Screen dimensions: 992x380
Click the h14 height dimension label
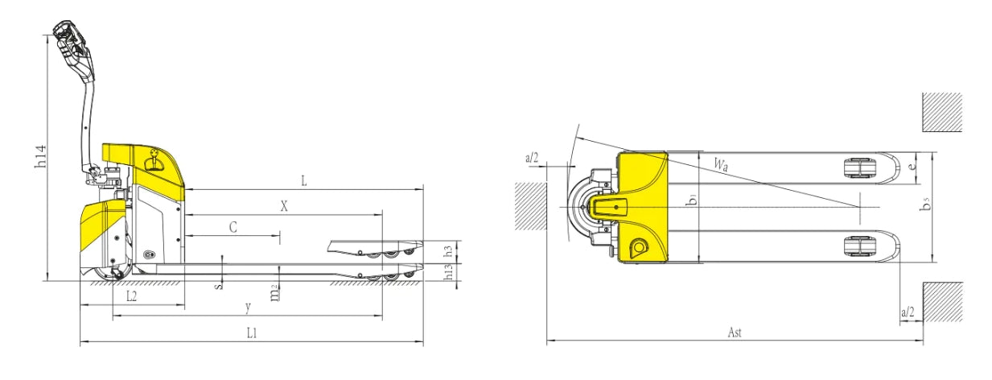click(x=41, y=156)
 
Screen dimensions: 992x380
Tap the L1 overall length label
click(x=252, y=333)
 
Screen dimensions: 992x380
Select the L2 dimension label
click(x=131, y=295)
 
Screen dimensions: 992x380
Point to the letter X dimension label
click(x=284, y=206)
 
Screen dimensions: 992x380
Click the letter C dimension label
click(x=233, y=228)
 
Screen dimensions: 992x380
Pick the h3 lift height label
click(x=449, y=250)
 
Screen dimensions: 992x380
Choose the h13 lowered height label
click(x=449, y=272)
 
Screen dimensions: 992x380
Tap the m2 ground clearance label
click(x=275, y=294)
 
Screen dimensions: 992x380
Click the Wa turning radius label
click(x=721, y=164)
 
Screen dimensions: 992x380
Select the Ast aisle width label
click(x=735, y=332)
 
